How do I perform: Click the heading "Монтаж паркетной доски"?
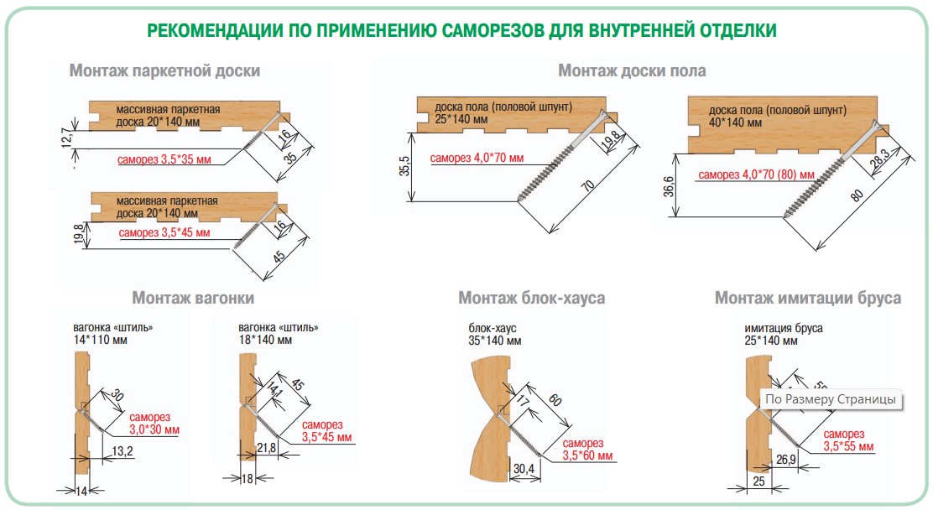coord(164,70)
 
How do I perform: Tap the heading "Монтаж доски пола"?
coord(632,70)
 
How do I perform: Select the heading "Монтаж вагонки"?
coord(193,298)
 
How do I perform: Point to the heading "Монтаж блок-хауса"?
coord(531,298)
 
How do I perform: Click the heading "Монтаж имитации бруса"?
coord(807,298)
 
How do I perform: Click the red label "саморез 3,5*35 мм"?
coord(164,159)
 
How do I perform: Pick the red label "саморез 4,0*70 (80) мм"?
coord(756,174)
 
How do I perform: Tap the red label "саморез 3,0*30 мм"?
coord(154,423)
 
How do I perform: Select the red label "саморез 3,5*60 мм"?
coord(587,450)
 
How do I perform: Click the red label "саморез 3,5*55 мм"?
coord(848,440)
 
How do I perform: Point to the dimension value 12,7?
coord(67,138)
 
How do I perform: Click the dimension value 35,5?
coord(404,166)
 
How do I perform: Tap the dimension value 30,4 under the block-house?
coord(524,468)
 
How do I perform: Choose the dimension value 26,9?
coord(785,459)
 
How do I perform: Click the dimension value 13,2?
coord(122,451)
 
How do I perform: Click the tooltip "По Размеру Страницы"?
coord(831,399)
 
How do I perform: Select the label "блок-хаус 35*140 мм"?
coord(494,335)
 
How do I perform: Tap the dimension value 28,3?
coord(880,160)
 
